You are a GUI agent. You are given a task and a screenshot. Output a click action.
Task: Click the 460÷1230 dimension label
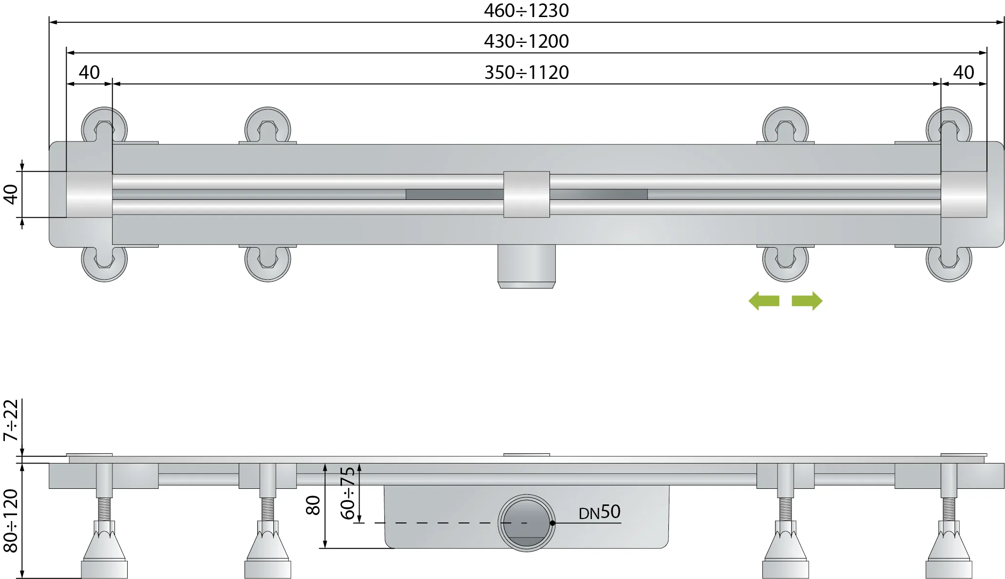tap(526, 10)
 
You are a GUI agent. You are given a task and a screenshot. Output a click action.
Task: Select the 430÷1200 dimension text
tap(526, 41)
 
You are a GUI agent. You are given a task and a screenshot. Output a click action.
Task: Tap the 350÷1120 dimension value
tap(526, 72)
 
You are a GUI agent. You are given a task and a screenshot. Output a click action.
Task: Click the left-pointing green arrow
tap(764, 301)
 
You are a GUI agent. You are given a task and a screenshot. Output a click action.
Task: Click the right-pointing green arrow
tap(807, 301)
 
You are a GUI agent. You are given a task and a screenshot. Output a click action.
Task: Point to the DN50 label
tap(599, 512)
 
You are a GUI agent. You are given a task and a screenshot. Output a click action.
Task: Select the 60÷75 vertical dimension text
tap(347, 493)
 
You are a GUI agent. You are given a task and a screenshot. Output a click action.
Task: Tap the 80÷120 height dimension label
tap(11, 521)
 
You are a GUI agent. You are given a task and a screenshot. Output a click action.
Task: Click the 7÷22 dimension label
tap(11, 420)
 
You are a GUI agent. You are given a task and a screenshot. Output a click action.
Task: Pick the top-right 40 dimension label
tap(963, 72)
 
